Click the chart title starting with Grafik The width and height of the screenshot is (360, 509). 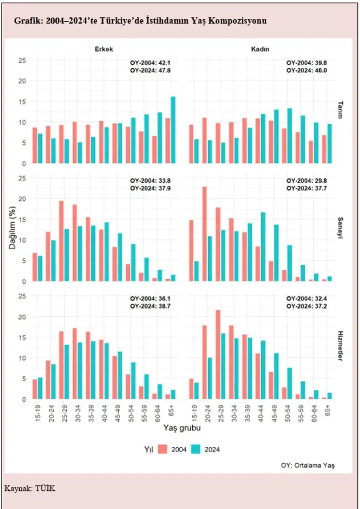(x=140, y=21)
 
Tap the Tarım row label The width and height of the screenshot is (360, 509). (x=340, y=109)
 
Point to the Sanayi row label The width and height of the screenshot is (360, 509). (x=340, y=227)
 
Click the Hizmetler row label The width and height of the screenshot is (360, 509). (x=340, y=345)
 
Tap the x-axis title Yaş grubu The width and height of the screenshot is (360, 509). (x=182, y=429)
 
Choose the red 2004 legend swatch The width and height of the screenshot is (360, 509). (x=164, y=449)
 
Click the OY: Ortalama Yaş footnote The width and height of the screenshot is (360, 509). (x=308, y=466)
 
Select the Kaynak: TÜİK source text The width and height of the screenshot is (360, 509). (x=30, y=488)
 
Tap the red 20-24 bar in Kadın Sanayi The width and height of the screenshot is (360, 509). (x=205, y=234)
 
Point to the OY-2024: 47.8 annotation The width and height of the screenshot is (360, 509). (x=150, y=70)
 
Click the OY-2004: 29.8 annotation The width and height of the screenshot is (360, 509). (x=307, y=181)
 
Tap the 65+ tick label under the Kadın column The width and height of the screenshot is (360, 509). (x=328, y=412)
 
